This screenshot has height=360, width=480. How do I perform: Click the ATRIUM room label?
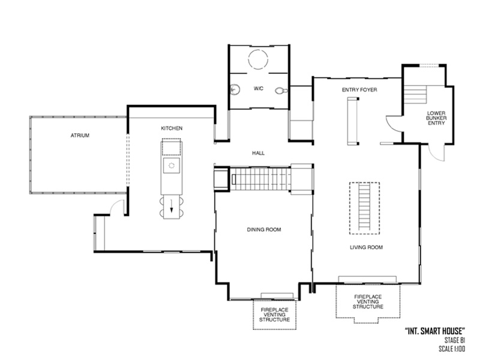[79, 136]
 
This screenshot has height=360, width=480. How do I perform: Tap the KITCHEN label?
[172, 128]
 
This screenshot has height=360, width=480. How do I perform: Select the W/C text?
[259, 88]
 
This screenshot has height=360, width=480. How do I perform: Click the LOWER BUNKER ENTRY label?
[436, 118]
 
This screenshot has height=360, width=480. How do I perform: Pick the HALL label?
[258, 153]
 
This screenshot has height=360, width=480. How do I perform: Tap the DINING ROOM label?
[264, 229]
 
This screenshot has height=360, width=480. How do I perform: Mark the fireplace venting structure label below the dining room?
[275, 315]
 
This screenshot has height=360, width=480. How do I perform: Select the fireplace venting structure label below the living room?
[368, 301]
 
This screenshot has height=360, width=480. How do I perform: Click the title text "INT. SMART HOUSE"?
[437, 331]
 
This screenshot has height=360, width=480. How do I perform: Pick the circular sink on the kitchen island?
[172, 164]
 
